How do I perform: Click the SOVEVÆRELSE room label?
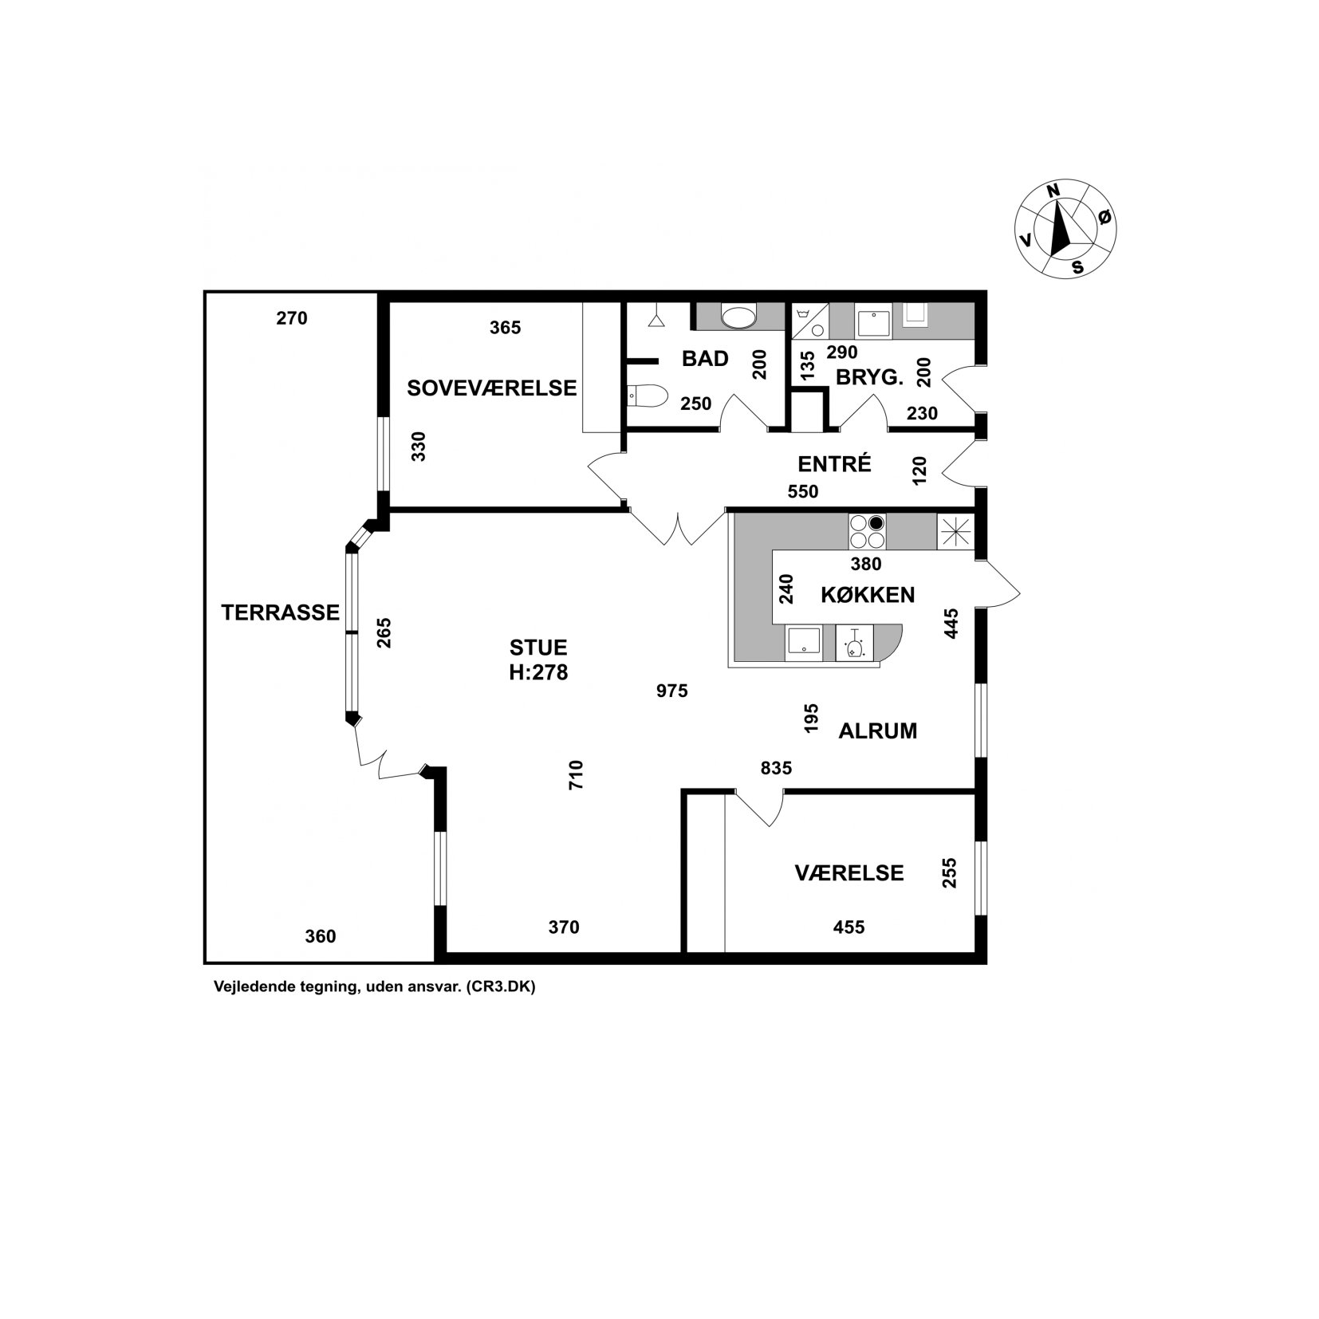[491, 388]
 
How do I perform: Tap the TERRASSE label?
[280, 612]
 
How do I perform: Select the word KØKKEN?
[868, 594]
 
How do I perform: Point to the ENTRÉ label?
[834, 463]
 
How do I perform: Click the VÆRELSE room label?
[849, 873]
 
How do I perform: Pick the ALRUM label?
[878, 731]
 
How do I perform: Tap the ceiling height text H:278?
[538, 673]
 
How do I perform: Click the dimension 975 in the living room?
[671, 691]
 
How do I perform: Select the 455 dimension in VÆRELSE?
[848, 927]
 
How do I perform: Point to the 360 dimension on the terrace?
[321, 936]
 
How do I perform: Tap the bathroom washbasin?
[738, 317]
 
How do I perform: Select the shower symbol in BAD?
[656, 317]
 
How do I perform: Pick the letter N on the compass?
[1053, 191]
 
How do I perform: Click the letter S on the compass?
[1077, 267]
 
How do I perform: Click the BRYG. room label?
[869, 378]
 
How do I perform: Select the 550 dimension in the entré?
[803, 492]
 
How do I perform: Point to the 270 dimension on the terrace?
[292, 318]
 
